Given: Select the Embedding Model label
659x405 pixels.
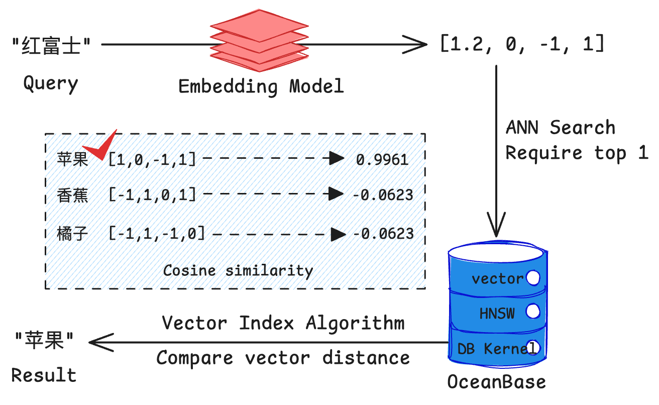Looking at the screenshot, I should point(261,86).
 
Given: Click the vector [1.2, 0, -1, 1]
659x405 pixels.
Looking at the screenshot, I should point(522,45).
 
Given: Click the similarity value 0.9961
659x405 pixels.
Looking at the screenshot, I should point(382,160).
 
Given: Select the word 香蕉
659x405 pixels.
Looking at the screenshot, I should point(73,195).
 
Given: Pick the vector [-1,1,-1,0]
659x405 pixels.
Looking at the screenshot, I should point(157,234).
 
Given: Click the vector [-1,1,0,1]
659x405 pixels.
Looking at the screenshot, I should point(152,195).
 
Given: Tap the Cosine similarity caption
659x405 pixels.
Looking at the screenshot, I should point(238,270).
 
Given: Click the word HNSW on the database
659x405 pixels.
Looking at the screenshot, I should point(497,314).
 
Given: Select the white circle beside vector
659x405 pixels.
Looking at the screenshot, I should point(532,278).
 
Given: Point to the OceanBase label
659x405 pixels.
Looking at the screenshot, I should point(496,382).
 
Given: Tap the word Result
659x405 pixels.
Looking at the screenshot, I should point(44,375).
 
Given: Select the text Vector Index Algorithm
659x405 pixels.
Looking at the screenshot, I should point(283,323).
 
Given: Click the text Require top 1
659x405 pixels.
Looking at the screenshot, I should point(577,153).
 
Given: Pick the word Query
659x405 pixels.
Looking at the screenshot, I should point(51,83).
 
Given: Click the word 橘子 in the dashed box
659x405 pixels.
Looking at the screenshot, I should point(73,234).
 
